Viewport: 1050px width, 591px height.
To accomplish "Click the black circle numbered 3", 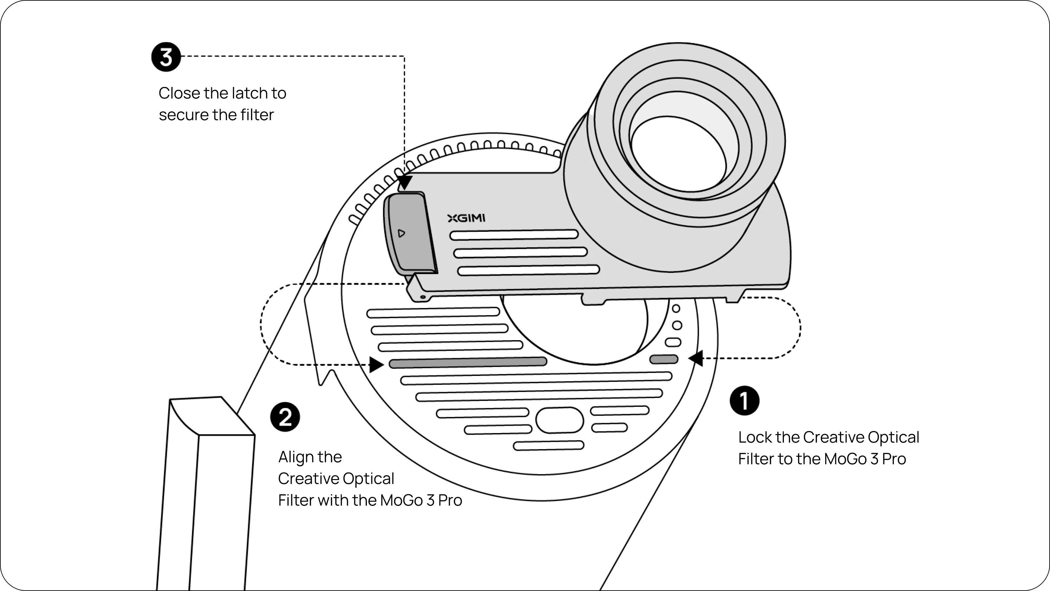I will (166, 57).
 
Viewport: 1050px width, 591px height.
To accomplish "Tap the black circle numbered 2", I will (285, 417).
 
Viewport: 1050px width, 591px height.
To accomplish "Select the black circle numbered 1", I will (744, 401).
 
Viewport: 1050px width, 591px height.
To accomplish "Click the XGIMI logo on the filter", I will (466, 218).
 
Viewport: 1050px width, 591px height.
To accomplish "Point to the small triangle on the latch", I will (401, 233).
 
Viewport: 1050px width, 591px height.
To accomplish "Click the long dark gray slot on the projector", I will (468, 362).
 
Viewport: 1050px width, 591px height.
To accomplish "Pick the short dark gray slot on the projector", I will (663, 359).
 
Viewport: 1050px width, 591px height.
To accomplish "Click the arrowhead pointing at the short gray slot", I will (696, 359).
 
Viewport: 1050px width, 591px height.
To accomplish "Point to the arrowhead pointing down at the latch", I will (405, 182).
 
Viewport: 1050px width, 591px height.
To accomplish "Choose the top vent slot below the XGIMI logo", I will (514, 235).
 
